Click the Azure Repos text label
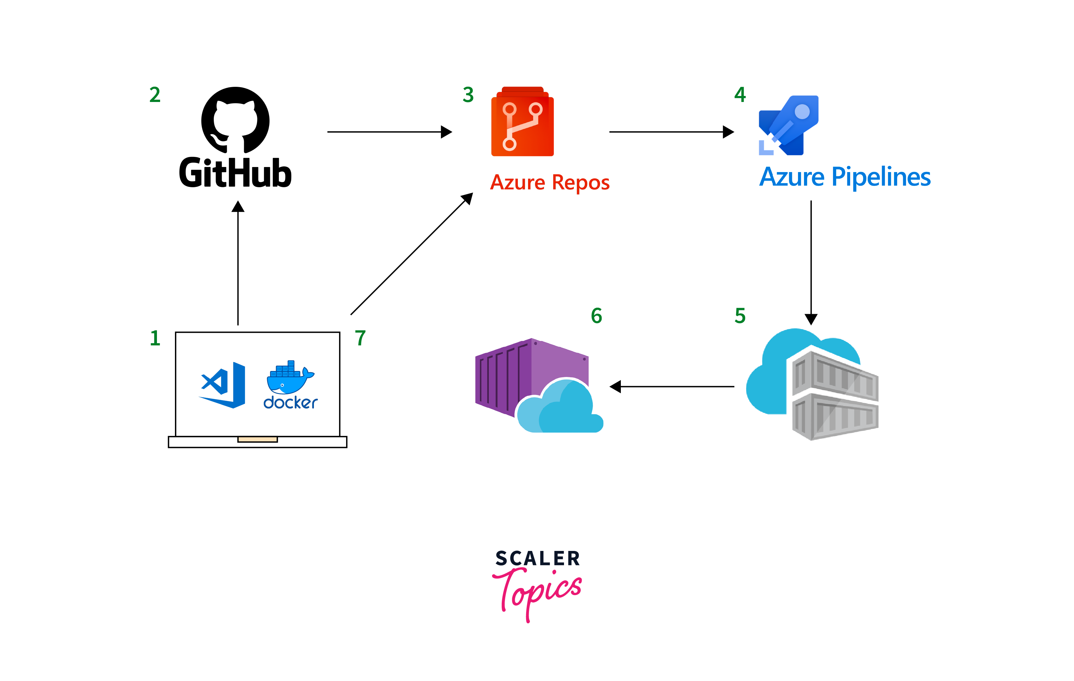pyautogui.click(x=549, y=182)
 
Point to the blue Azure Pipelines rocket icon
pyautogui.click(x=789, y=126)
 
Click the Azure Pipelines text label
pyautogui.click(x=845, y=177)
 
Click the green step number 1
pyautogui.click(x=155, y=338)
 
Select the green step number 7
pyautogui.click(x=360, y=338)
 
